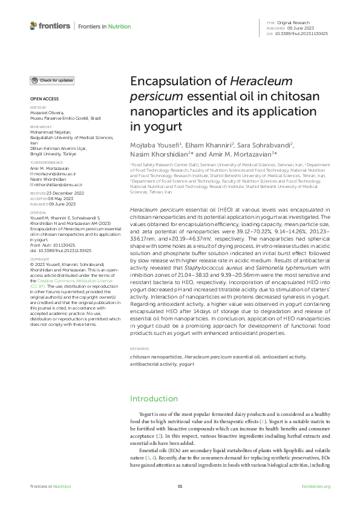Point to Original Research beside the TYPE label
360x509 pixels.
292,22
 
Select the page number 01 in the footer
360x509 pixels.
180,486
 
